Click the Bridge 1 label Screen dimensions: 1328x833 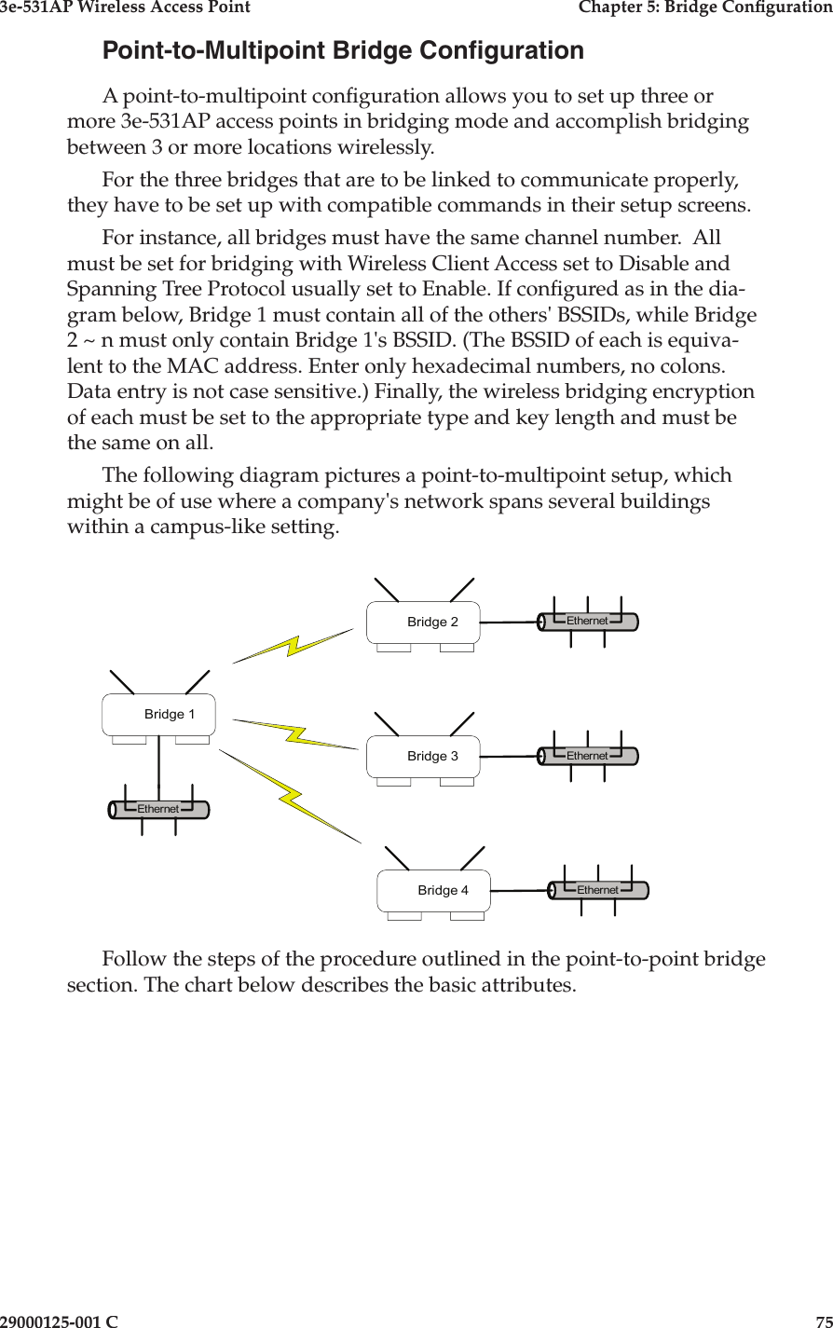170,715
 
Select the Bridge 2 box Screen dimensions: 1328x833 423,622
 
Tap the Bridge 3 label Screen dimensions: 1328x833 432,756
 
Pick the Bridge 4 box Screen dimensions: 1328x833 433,890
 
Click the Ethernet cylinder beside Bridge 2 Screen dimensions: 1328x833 588,622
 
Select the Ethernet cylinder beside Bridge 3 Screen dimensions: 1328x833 588,756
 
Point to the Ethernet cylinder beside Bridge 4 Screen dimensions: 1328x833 598,890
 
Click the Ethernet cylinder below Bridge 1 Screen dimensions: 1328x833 158,809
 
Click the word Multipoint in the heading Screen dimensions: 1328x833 232,50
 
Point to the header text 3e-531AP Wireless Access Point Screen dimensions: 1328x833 125,8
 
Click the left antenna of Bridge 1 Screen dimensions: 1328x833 124,681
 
